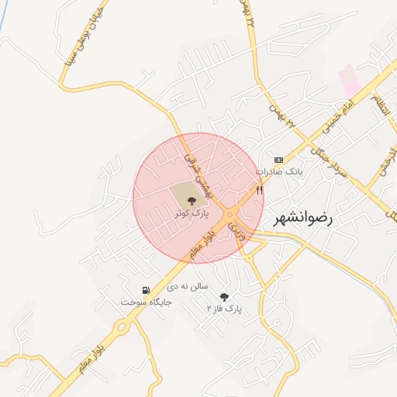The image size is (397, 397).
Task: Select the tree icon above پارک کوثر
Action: (191, 201)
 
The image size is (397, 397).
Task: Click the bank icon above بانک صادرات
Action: (279, 159)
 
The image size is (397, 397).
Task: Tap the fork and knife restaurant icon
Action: (260, 188)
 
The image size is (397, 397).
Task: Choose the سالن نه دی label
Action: (184, 286)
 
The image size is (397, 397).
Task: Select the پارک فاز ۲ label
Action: (223, 309)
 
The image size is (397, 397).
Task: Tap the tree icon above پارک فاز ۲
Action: (224, 297)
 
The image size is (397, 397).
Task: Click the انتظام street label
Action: (378, 102)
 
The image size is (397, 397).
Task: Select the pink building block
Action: (348, 81)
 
